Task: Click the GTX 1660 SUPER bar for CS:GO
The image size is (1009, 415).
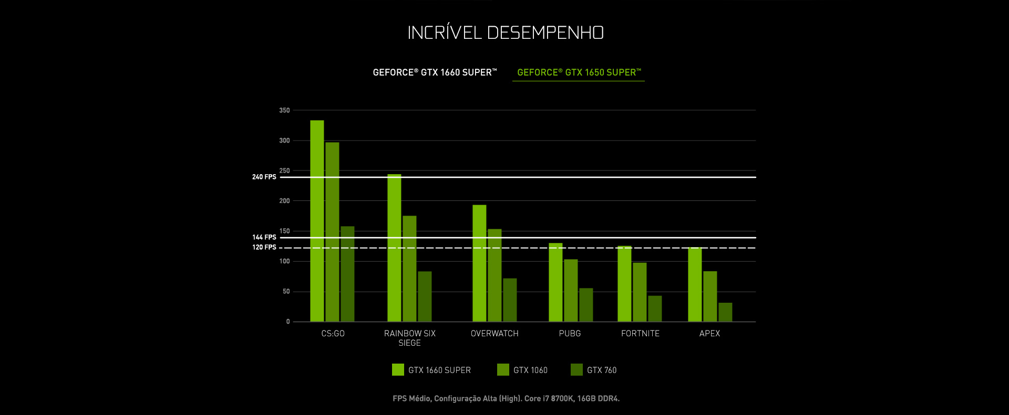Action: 317,220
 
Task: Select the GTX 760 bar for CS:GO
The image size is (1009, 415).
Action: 347,274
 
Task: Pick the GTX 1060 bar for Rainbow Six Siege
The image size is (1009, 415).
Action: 409,269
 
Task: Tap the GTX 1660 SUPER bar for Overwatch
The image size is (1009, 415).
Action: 479,263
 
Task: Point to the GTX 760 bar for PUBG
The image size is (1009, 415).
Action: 586,305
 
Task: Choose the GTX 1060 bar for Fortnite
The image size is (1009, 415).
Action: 640,292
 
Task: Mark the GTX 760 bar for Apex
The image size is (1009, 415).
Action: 725,312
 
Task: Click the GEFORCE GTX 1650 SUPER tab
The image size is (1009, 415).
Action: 579,72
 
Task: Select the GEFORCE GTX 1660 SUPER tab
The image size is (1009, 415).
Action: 435,72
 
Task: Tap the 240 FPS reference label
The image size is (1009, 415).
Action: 264,177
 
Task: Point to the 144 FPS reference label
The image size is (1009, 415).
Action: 264,237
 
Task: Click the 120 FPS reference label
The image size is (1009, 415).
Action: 264,247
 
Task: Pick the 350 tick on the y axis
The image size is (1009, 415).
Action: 284,110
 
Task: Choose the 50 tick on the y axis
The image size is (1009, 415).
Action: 286,291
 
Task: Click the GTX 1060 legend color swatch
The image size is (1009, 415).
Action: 503,370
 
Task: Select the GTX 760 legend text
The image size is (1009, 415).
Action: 602,370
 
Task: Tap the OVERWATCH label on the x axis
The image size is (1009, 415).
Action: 495,333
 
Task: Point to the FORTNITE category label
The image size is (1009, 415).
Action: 640,333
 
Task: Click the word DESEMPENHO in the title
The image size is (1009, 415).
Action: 545,33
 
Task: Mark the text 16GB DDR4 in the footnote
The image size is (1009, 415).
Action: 598,399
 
